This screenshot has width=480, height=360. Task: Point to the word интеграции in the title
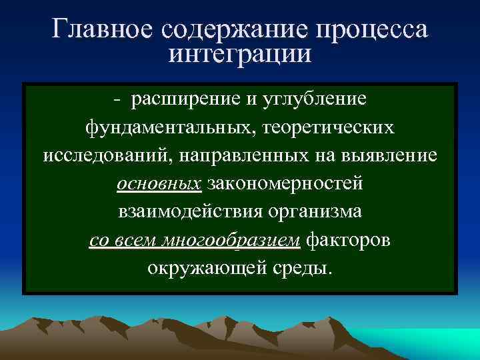coord(240,53)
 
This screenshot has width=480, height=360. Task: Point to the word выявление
coord(384,155)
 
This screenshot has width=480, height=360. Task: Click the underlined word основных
coord(159,183)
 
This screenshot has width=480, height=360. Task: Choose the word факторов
coord(349,239)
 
